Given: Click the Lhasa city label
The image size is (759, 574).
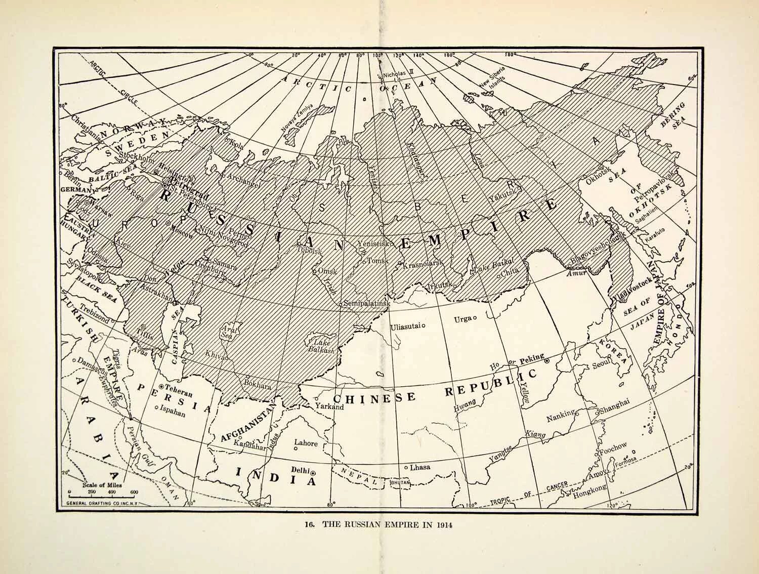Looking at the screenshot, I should (420, 467).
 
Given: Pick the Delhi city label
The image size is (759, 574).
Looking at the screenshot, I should (300, 469).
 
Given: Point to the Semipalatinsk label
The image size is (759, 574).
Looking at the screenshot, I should (367, 304).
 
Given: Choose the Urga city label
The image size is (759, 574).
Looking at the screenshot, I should (462, 318).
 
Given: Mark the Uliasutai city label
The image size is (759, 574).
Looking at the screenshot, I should (406, 326).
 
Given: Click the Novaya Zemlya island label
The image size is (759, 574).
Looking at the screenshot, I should (301, 118).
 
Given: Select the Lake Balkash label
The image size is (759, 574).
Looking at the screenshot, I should (321, 345).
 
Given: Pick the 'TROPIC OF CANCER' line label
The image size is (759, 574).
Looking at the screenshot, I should (531, 492).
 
